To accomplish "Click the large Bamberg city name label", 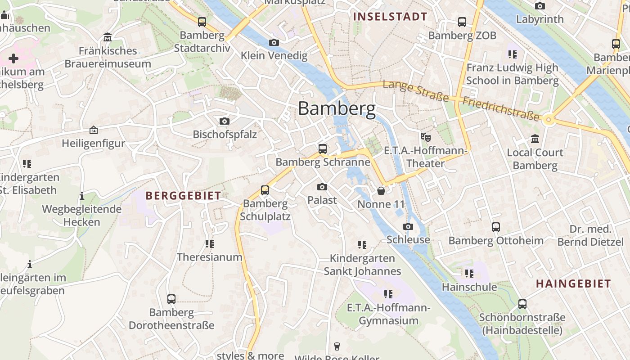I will [x=337, y=108].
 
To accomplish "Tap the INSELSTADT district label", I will [x=390, y=17].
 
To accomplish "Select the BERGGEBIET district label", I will [x=183, y=196].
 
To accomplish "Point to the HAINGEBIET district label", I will [x=573, y=283].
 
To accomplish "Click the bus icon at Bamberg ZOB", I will [x=462, y=22].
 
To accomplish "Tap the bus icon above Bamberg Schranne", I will [x=322, y=149].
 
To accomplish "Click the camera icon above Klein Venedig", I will [x=274, y=42].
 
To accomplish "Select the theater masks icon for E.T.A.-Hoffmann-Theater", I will [x=425, y=137].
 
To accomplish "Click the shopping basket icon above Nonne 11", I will [x=381, y=191].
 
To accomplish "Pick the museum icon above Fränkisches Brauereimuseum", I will [x=108, y=37].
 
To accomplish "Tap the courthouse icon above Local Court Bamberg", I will [x=535, y=139].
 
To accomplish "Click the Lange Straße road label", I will [x=416, y=90].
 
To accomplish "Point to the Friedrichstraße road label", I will [x=501, y=108].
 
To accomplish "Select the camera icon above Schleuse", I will [x=408, y=226].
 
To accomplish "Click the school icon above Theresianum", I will [x=209, y=244].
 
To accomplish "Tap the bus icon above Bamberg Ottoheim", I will [x=496, y=227].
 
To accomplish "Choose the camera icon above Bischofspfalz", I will [x=224, y=121].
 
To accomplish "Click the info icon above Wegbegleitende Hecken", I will [x=82, y=196].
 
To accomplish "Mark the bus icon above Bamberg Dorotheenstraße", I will [x=171, y=299].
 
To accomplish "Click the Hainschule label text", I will [x=469, y=287].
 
